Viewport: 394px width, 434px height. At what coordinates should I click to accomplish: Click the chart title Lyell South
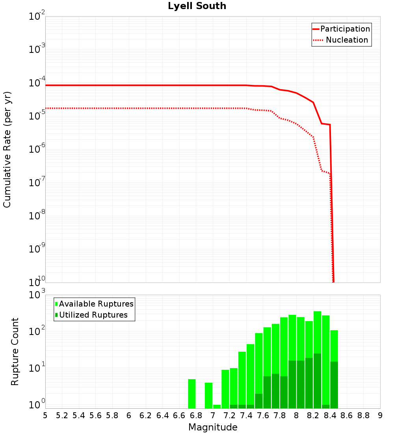(x=197, y=6)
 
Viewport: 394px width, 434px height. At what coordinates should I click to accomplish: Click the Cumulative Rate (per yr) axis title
(x=7, y=149)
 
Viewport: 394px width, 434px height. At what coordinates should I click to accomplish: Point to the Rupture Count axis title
(x=15, y=351)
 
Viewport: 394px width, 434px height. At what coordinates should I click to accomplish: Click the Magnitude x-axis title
(x=213, y=427)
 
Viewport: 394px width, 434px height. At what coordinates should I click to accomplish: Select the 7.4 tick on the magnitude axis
(x=246, y=415)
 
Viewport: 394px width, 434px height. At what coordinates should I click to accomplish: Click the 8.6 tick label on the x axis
(x=347, y=415)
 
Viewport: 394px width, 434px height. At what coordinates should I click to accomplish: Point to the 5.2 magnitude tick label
(x=62, y=415)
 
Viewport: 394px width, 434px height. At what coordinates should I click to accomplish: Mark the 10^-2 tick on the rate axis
(x=37, y=17)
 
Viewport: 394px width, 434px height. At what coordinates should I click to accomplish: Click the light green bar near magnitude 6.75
(x=192, y=394)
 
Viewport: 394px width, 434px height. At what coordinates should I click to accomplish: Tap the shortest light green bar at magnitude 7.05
(x=217, y=406)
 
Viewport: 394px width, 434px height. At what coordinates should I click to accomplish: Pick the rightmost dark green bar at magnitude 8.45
(x=334, y=385)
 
